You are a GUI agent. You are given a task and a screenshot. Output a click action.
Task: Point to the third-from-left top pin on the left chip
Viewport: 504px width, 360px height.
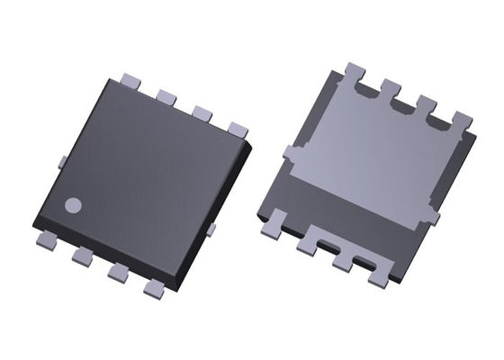[202, 112]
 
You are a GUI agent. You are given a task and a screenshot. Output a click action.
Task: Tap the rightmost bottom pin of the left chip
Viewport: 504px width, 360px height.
[155, 290]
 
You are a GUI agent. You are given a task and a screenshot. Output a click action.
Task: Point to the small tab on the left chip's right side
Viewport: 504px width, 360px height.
[211, 230]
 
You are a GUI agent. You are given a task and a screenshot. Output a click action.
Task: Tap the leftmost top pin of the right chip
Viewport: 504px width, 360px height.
[354, 71]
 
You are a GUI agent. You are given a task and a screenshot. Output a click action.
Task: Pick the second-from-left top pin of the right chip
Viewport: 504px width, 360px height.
[391, 87]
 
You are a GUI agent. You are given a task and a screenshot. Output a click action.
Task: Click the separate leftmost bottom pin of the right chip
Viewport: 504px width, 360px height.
[271, 220]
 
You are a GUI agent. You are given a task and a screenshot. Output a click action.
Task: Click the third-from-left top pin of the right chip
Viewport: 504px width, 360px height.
[427, 103]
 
